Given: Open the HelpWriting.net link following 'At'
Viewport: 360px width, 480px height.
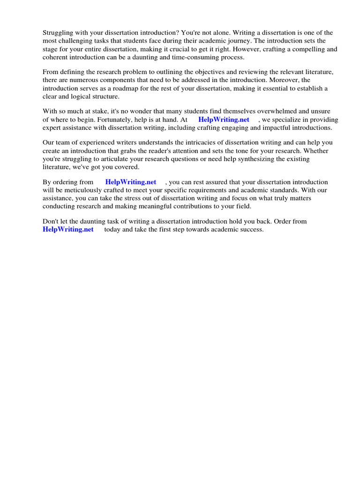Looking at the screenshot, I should coord(224,120).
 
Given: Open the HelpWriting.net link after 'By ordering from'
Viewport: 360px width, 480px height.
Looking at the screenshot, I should coord(131,182).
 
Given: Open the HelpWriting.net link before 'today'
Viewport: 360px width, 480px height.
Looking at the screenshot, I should coord(68,229).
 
